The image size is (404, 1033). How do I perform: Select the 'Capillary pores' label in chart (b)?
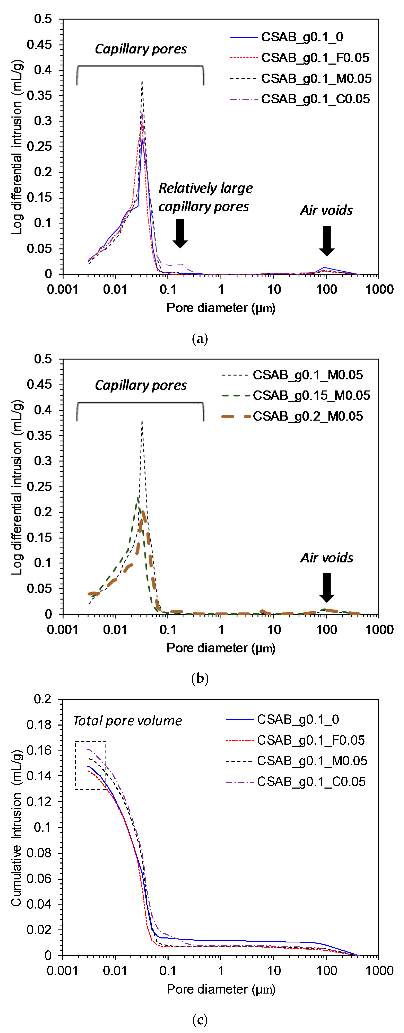pyautogui.click(x=141, y=385)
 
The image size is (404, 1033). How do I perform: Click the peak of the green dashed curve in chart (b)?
pyautogui.click(x=138, y=497)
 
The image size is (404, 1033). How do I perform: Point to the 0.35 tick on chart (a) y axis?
pyautogui.click(x=40, y=95)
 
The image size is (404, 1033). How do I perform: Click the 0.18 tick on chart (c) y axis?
pyautogui.click(x=40, y=725)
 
